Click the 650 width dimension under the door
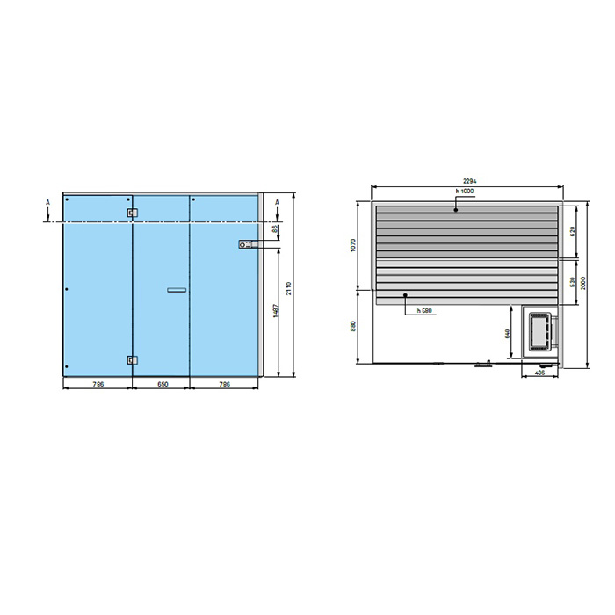[x=160, y=384]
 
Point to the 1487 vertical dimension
[x=275, y=310]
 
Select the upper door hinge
[x=132, y=213]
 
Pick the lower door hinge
[x=132, y=358]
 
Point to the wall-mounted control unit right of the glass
[x=247, y=244]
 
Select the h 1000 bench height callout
[x=465, y=192]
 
